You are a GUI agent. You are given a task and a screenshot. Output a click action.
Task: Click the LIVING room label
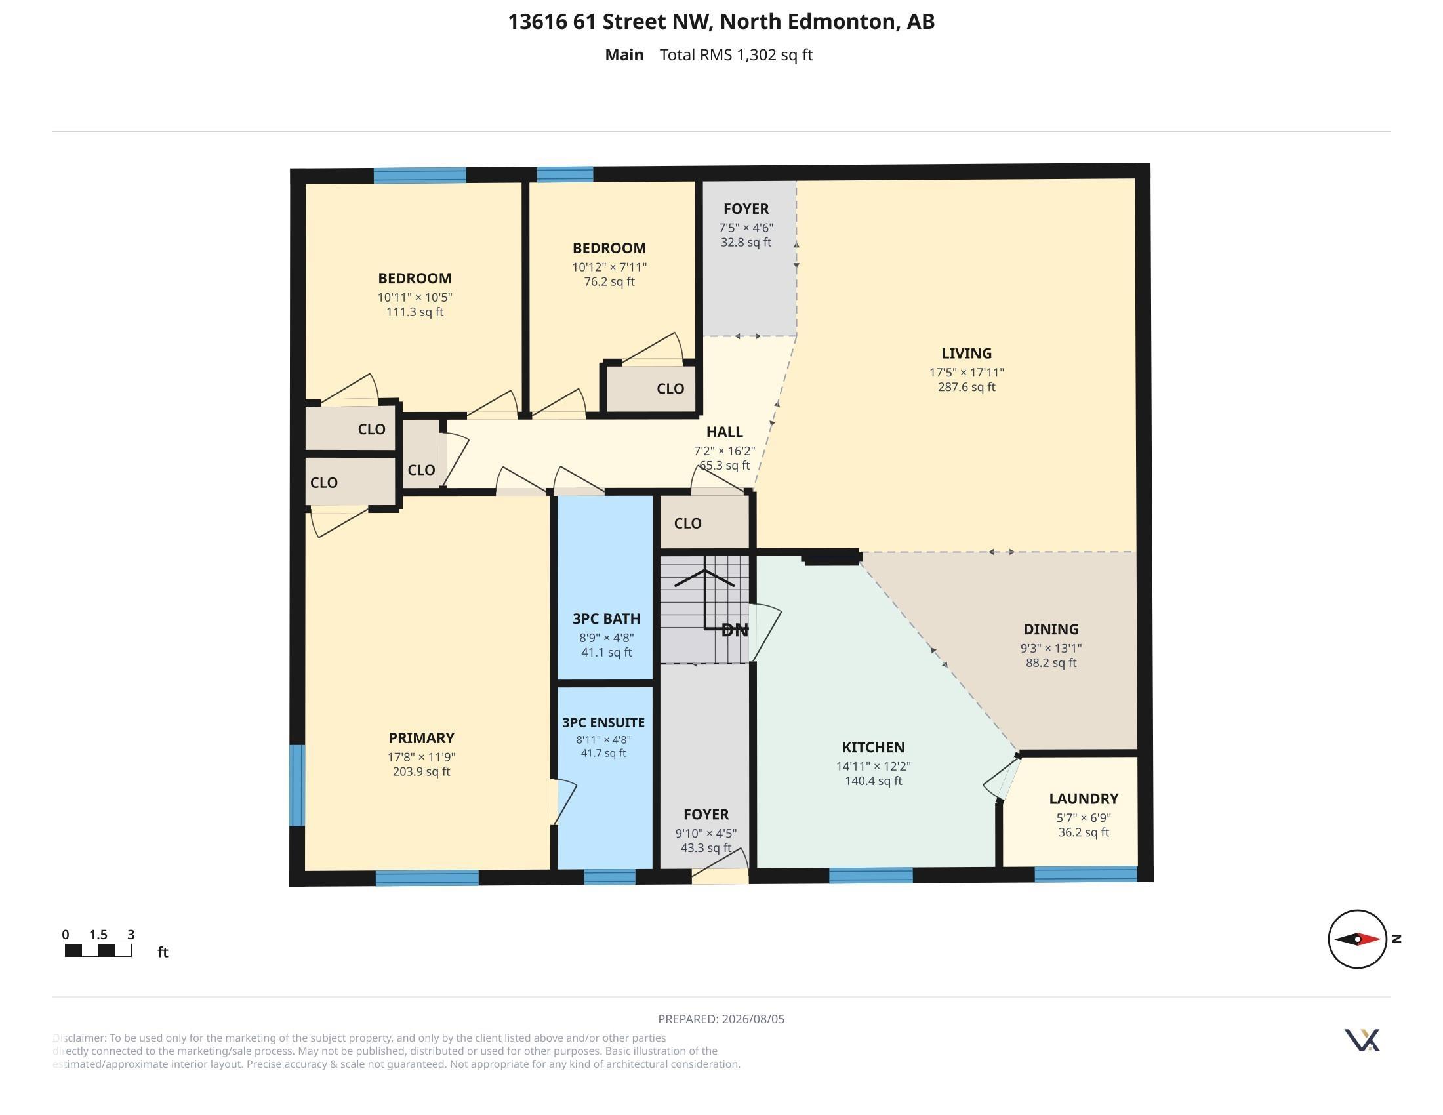(966, 354)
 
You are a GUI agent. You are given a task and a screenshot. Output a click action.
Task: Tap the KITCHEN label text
(873, 747)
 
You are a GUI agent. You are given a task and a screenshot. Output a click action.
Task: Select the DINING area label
(1051, 629)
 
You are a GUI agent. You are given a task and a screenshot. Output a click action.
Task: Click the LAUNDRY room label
(1084, 799)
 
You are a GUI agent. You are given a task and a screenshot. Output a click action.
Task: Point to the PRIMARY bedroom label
(421, 738)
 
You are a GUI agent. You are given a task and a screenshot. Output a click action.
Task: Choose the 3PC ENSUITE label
(603, 723)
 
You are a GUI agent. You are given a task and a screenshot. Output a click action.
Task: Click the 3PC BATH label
(606, 619)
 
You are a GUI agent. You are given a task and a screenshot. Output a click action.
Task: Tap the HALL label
(724, 432)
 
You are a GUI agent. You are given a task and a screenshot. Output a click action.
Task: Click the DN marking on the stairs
(735, 630)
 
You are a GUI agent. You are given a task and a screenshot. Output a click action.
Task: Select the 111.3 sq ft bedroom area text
(415, 312)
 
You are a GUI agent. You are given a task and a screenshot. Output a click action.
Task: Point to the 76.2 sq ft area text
(609, 281)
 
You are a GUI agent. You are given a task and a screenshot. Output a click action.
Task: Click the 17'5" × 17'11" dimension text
(966, 373)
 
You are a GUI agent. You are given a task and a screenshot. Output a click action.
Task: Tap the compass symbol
(1357, 939)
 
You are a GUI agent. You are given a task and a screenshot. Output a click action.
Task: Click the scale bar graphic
(98, 950)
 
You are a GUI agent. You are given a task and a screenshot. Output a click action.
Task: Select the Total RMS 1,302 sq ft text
(736, 55)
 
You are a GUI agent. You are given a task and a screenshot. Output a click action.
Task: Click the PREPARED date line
(721, 1019)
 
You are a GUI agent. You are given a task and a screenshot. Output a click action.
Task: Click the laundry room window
(1086, 874)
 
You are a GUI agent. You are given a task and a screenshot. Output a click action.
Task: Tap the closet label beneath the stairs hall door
(687, 523)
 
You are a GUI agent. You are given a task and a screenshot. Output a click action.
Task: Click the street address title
(721, 22)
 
